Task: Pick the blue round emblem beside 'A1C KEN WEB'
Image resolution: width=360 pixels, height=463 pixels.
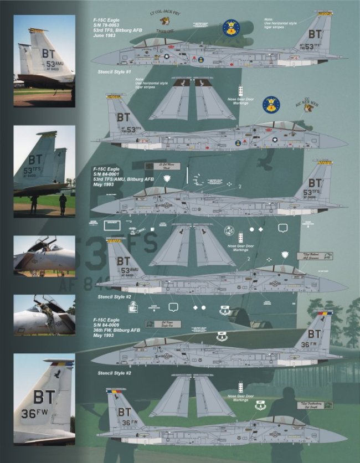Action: pos(271,104)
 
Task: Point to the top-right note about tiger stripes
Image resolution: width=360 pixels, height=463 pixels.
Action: pos(280,23)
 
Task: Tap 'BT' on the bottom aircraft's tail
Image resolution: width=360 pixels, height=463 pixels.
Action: pos(124,411)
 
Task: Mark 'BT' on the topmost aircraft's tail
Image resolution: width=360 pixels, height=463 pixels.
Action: pos(315,34)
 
